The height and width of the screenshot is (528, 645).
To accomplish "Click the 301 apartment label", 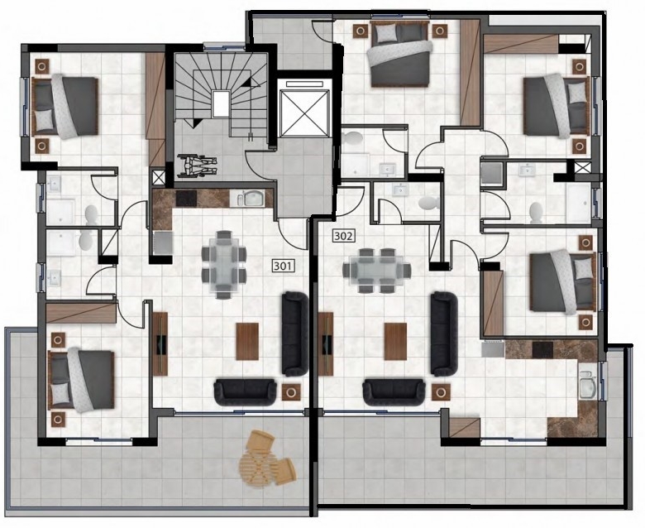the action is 284,266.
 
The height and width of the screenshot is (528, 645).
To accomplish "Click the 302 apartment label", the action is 343,236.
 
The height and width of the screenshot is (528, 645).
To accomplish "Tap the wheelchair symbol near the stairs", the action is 197,166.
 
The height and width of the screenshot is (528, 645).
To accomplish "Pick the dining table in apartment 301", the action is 224,264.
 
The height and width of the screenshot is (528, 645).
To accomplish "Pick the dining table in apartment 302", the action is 377,271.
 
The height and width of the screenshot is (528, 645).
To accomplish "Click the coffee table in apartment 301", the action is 247,341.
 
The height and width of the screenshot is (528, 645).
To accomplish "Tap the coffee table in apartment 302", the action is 395,341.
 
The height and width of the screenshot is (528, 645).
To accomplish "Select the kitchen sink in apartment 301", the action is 251,199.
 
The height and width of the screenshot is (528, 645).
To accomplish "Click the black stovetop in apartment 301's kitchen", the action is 186,199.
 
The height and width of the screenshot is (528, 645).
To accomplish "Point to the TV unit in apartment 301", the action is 160,343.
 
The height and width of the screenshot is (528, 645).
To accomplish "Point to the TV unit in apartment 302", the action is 326,343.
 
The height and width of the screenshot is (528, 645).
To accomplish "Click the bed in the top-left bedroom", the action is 65,106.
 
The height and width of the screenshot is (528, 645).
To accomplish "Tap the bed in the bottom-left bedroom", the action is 81,380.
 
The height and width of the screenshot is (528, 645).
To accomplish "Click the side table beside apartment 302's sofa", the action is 441,391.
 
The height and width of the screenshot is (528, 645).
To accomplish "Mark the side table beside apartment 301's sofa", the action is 291,391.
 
